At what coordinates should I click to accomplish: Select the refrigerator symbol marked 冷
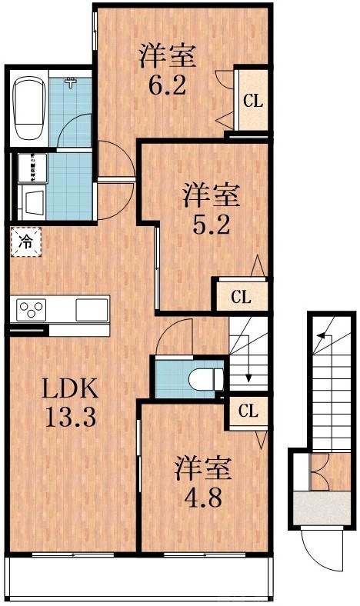tap(25, 242)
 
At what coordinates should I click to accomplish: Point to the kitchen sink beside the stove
tap(92, 310)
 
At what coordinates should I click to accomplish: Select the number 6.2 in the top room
tap(167, 83)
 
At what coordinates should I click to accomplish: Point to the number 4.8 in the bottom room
tap(202, 497)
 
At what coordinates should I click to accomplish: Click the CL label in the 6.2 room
tap(252, 100)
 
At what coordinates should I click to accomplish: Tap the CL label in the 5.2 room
tap(240, 296)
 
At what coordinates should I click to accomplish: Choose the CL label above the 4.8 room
tap(247, 411)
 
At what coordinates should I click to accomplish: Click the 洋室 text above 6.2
tap(167, 55)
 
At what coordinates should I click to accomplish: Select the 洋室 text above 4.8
tap(202, 468)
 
